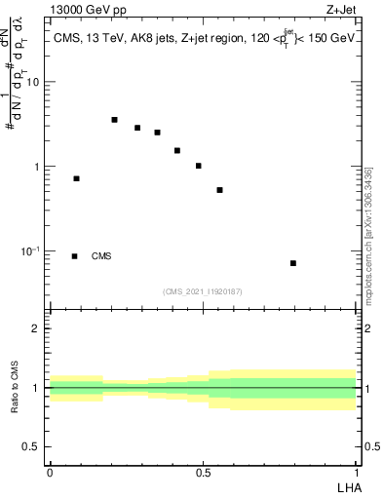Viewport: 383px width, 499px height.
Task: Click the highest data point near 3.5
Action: click(x=114, y=120)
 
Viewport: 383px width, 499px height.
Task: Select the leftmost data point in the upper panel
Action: click(x=76, y=178)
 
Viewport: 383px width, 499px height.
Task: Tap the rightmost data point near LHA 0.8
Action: click(x=293, y=263)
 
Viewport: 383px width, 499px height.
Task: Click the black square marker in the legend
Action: click(x=75, y=256)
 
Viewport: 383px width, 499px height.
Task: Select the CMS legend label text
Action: click(x=101, y=256)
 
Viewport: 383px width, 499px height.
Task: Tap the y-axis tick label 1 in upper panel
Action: click(x=37, y=167)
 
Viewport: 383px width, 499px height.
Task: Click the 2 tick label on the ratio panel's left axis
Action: click(x=36, y=328)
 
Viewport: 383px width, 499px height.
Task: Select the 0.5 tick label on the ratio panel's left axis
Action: click(x=31, y=447)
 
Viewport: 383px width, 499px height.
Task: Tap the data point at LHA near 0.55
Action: click(x=220, y=190)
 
